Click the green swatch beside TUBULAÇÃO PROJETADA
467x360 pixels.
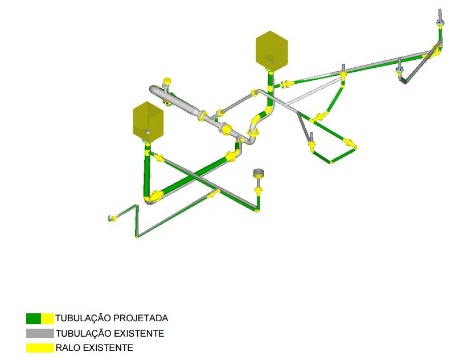(34, 318)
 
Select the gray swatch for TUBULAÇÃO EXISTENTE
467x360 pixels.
(40, 333)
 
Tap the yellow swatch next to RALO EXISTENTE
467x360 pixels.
(40, 348)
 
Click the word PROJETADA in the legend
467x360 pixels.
(141, 318)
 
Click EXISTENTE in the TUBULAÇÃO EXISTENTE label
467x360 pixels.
(139, 333)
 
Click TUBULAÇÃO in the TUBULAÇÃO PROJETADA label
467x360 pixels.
(83, 318)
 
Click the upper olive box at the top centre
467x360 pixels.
(272, 51)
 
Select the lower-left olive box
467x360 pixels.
(148, 121)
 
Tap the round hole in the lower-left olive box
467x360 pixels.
(148, 132)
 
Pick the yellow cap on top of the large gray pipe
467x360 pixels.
(167, 81)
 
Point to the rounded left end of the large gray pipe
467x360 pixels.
(153, 90)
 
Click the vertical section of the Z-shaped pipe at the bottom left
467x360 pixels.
(137, 220)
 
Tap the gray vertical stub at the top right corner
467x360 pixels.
(440, 14)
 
